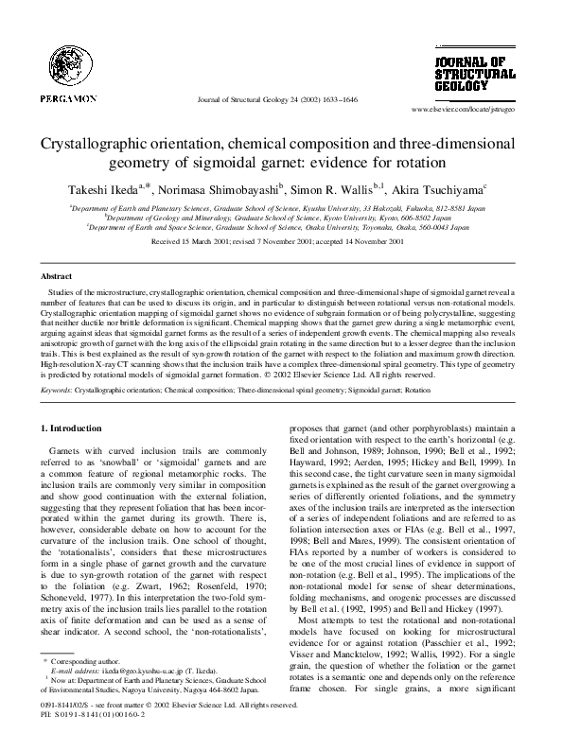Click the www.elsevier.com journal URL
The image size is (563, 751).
(469, 111)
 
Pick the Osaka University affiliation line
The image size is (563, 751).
(281, 228)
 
